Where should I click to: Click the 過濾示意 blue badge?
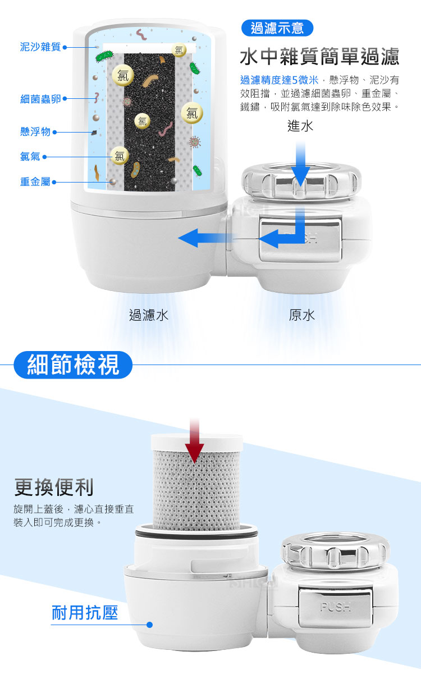[277, 28]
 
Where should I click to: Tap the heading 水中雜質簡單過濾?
[319, 57]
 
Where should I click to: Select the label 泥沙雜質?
[40, 47]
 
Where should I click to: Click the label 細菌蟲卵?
[40, 99]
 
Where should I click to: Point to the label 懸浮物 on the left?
[35, 131]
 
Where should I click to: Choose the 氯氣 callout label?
[30, 157]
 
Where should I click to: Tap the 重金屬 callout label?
[35, 182]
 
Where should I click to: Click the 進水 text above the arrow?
[300, 126]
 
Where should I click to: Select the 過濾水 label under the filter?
[149, 315]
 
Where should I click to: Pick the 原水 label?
[301, 315]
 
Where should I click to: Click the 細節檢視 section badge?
[73, 365]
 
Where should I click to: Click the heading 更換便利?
[54, 487]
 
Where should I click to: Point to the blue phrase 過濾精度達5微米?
[279, 80]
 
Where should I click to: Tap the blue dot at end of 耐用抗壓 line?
[149, 625]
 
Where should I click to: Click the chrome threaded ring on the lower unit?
[335, 551]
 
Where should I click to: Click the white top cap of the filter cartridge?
[196, 443]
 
